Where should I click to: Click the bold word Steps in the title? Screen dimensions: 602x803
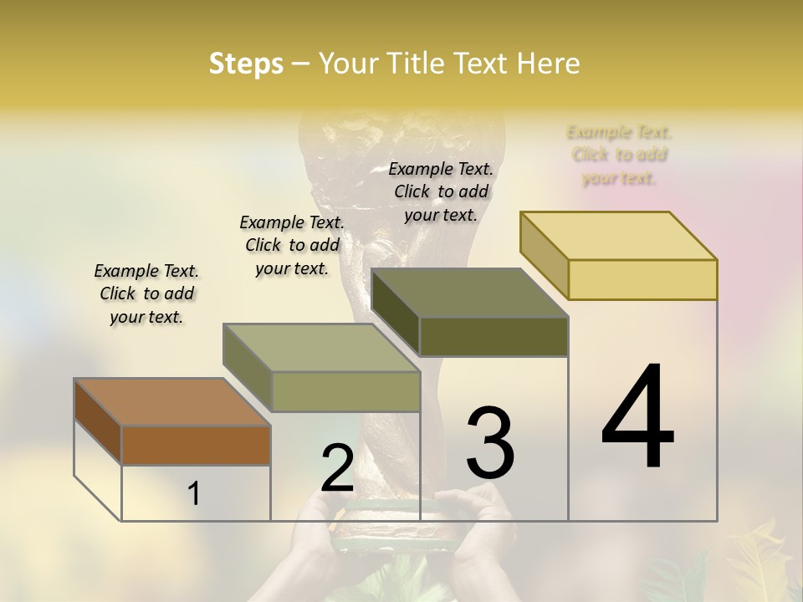[246, 64]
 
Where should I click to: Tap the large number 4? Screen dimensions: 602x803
[637, 418]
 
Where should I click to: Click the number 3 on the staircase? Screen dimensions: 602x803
[490, 443]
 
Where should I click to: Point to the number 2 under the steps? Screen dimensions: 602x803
[337, 468]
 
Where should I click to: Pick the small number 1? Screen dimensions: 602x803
[194, 494]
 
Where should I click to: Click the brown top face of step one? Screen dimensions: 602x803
[171, 402]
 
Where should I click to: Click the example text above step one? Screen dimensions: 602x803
[146, 293]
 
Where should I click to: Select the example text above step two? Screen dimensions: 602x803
[292, 245]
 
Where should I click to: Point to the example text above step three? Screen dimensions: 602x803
[441, 191]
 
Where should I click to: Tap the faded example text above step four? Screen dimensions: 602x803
[619, 155]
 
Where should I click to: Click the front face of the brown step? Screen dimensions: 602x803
[196, 446]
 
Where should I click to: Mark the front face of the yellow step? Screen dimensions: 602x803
[642, 279]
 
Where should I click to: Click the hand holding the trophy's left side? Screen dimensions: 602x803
[314, 535]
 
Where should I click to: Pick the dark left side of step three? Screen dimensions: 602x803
[395, 311]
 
